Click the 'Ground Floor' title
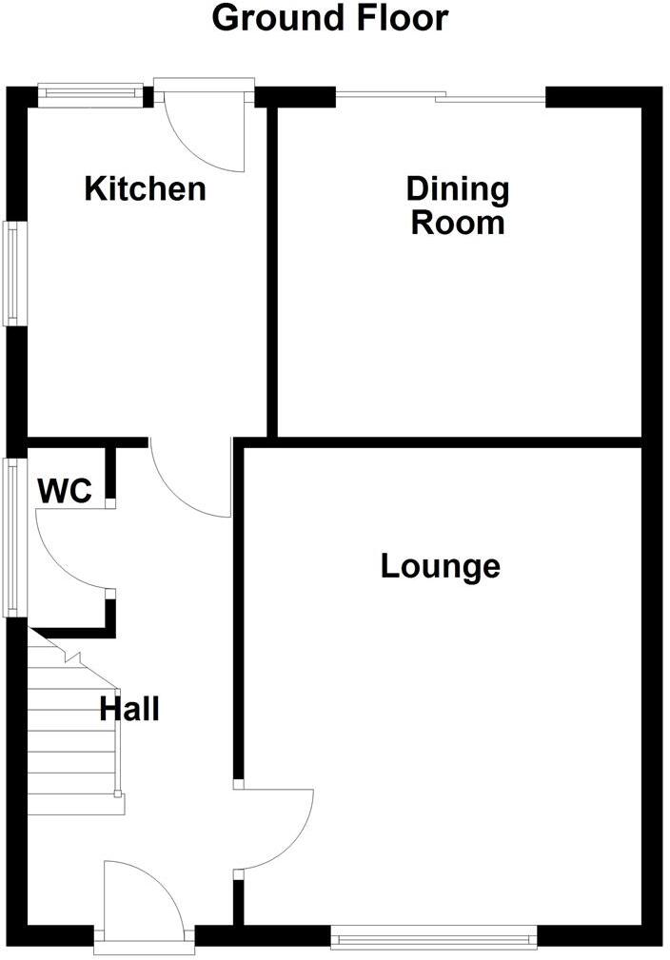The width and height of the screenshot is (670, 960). (329, 18)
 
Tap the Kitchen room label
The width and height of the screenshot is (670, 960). (145, 188)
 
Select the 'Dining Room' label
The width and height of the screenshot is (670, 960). (457, 206)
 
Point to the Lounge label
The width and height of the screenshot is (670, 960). (440, 567)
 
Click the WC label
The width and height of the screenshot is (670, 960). (65, 492)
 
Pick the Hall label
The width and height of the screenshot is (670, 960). (129, 709)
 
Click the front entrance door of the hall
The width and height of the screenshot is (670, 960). (143, 899)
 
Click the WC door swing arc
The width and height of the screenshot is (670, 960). (67, 552)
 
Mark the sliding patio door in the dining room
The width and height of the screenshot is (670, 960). (441, 95)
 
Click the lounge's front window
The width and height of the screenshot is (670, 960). (433, 938)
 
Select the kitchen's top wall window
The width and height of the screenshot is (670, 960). (90, 93)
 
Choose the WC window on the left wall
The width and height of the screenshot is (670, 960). (13, 538)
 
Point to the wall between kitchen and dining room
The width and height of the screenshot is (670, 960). (271, 271)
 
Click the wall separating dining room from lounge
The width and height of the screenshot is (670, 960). (447, 441)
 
